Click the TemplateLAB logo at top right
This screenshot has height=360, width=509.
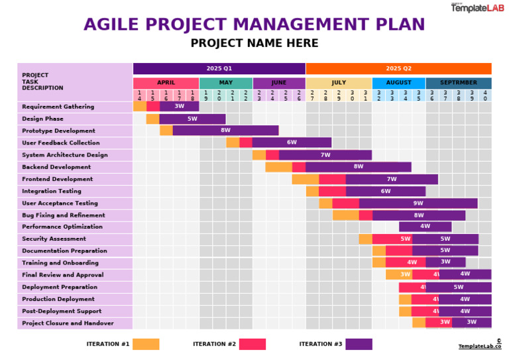pyautogui.click(x=477, y=8)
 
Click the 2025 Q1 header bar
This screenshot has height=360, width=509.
pyautogui.click(x=219, y=68)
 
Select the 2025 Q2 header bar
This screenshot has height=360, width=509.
pyautogui.click(x=398, y=68)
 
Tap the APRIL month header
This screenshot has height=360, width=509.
pyautogui.click(x=166, y=83)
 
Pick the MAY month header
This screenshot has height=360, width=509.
pyautogui.click(x=225, y=83)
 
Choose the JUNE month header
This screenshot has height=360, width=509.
pyautogui.click(x=279, y=83)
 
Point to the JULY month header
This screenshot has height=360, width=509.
pyautogui.click(x=339, y=83)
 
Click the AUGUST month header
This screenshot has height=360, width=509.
pyautogui.click(x=398, y=83)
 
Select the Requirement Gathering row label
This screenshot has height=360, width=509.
pyautogui.click(x=58, y=107)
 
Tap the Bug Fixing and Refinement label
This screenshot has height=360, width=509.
pyautogui.click(x=63, y=215)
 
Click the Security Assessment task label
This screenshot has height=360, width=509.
pyautogui.click(x=54, y=239)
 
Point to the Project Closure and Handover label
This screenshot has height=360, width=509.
pyautogui.click(x=68, y=323)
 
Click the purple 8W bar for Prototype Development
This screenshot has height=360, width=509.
pyautogui.click(x=225, y=131)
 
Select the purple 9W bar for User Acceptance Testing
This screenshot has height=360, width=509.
pyautogui.click(x=418, y=204)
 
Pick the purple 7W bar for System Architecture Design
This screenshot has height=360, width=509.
pyautogui.click(x=325, y=155)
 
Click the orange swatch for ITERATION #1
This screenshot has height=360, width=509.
pyautogui.click(x=146, y=344)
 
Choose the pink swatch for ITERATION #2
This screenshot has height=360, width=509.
pyautogui.click(x=252, y=344)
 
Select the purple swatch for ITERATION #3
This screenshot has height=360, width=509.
pyautogui.click(x=359, y=344)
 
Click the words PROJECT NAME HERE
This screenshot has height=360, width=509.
pyautogui.click(x=254, y=44)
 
